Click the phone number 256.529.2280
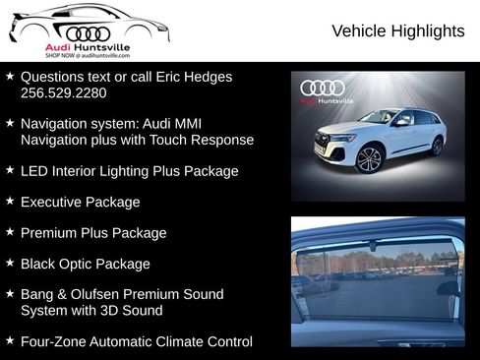click(x=63, y=92)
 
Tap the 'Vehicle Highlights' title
click(x=397, y=31)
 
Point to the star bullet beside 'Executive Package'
click(x=9, y=201)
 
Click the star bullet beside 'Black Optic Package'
click(x=9, y=263)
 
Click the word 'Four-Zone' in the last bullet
click(x=54, y=341)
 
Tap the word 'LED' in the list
click(x=34, y=171)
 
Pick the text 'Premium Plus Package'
click(x=93, y=233)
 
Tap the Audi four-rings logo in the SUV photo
click(x=324, y=88)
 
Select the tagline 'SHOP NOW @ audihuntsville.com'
click(x=87, y=56)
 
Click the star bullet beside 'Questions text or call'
click(x=9, y=75)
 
